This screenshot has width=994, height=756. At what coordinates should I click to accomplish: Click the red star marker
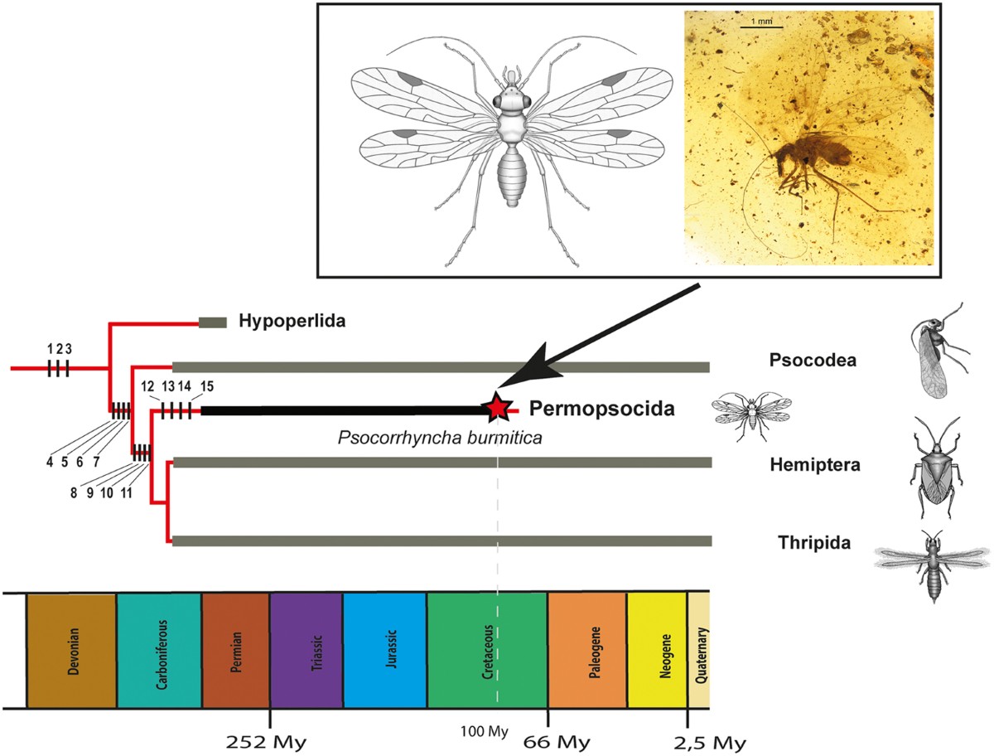[x=498, y=408]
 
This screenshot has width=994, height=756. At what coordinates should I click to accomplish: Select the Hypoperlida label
[x=292, y=321]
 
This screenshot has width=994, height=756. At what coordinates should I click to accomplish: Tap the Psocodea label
[x=813, y=360]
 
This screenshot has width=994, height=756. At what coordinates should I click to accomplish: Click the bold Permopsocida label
[x=602, y=409]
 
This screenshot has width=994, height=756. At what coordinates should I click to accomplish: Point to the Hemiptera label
[x=815, y=465]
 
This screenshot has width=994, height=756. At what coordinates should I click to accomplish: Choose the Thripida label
[x=814, y=542]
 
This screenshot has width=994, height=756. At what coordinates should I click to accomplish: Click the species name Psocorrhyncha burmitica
[x=440, y=438]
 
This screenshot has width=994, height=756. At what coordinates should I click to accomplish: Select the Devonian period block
[x=71, y=651]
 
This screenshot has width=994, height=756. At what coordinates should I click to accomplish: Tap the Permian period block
[x=235, y=651]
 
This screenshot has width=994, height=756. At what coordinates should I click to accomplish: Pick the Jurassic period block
[x=385, y=651]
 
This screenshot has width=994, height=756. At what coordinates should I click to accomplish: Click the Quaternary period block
[x=699, y=651]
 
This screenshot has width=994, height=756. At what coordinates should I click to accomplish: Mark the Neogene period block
[x=658, y=651]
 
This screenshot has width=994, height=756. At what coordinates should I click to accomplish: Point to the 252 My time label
[x=266, y=743]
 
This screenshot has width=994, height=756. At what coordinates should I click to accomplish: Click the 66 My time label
[x=557, y=743]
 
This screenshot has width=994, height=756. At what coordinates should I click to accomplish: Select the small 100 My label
[x=485, y=731]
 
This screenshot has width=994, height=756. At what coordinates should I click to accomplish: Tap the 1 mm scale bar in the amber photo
[x=762, y=27]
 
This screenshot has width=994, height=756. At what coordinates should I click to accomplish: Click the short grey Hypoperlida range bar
[x=213, y=322]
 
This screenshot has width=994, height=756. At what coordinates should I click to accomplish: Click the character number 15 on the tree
[x=207, y=386]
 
